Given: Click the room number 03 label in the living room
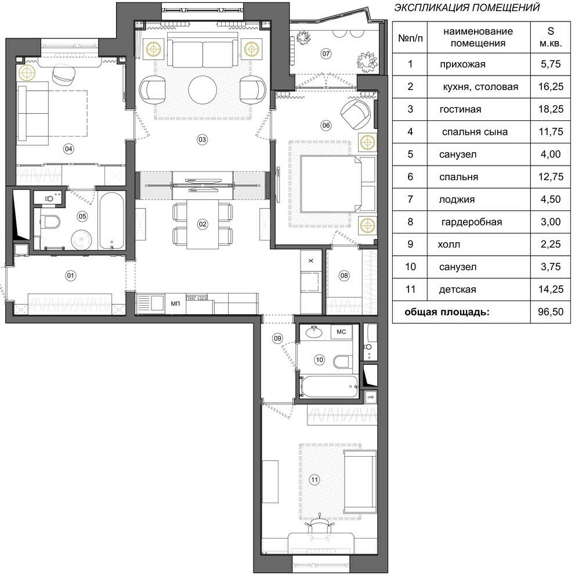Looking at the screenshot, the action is coord(202,139).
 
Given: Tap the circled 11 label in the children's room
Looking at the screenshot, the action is coord(314,480).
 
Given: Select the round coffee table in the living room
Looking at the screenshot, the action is coord(202,90).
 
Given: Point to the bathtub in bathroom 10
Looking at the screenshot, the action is coord(329,386).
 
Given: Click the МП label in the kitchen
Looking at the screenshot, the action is coord(175,303).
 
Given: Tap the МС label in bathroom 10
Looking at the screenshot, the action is coord(341,332).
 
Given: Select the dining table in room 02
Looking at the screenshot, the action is coord(202,224).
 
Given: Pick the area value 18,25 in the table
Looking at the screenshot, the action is coord(551,109).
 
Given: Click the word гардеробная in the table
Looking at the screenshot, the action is coord(472,223).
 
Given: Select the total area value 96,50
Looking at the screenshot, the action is coord(551,311).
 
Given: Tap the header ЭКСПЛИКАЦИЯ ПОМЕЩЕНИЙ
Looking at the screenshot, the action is coord(467,8).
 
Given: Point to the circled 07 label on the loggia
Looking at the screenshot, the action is coord(326,53).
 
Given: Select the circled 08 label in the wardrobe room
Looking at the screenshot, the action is coord(344,275).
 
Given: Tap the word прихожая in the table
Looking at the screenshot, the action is coord(462,64).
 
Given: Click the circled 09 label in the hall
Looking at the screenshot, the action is coord(277,338).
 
